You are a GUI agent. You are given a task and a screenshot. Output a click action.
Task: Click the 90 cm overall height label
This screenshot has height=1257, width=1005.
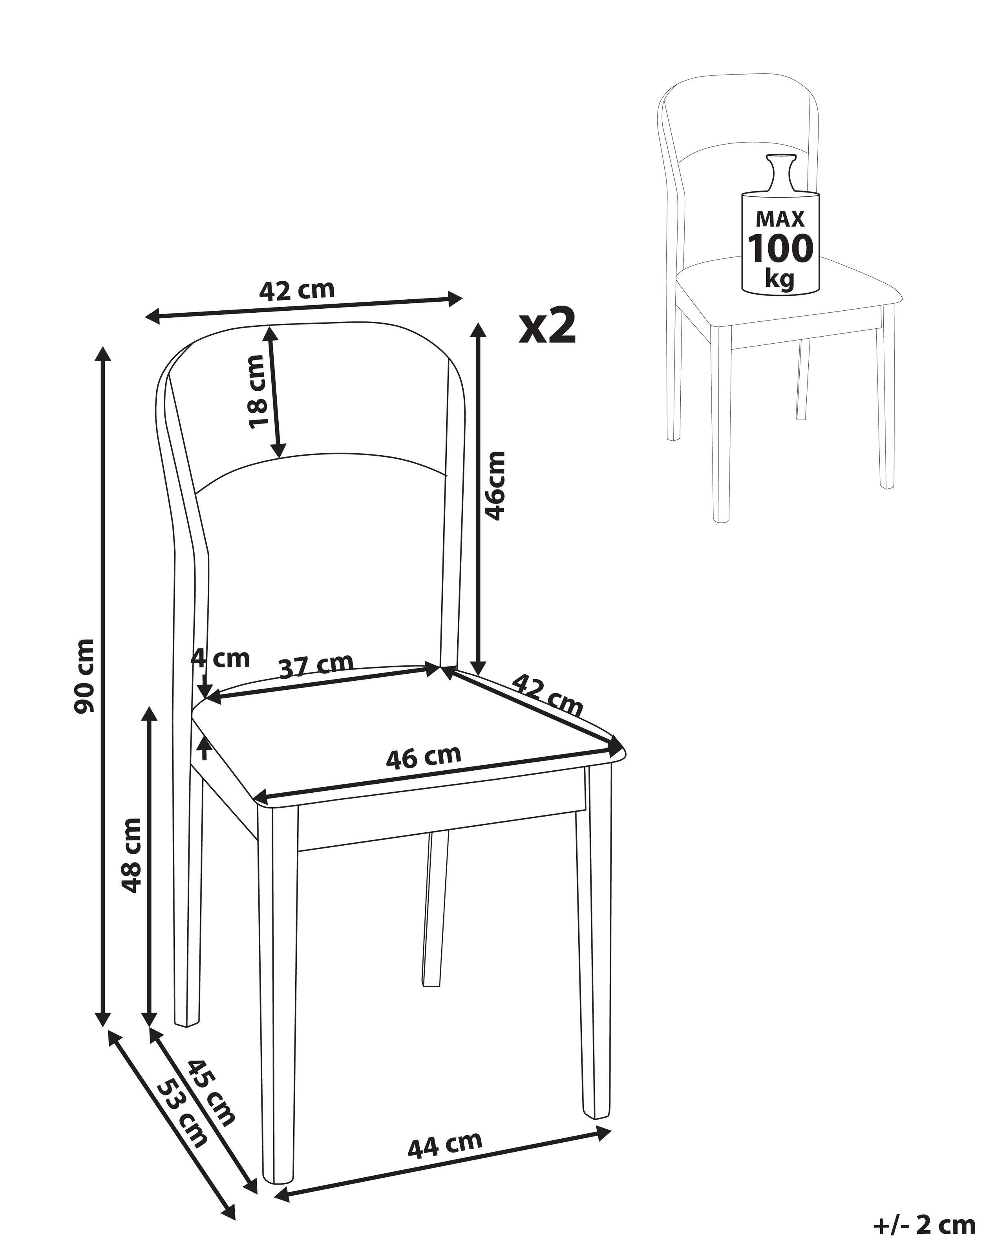click(x=84, y=676)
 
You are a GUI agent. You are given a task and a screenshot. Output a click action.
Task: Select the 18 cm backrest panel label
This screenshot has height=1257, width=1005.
click(x=256, y=391)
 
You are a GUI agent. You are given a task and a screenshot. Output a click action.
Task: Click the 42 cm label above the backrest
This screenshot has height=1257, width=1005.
click(x=297, y=290)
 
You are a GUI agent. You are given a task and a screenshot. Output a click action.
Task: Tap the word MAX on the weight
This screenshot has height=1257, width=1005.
click(x=780, y=219)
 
